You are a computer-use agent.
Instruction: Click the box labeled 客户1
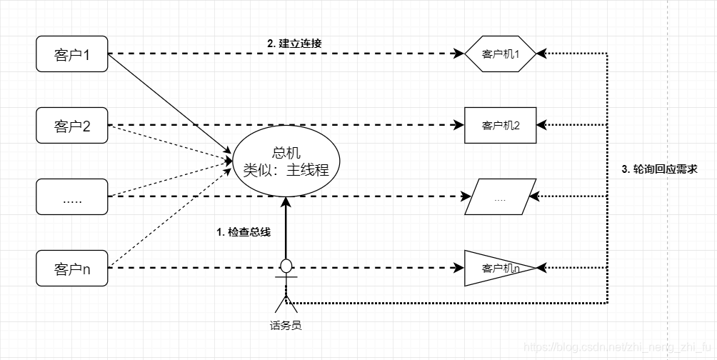pyautogui.click(x=71, y=54)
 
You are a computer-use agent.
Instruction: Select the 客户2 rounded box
pyautogui.click(x=71, y=126)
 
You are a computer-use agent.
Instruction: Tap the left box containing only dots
pyautogui.click(x=71, y=198)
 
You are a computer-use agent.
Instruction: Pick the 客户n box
pyautogui.click(x=71, y=269)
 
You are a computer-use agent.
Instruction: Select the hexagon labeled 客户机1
pyautogui.click(x=500, y=54)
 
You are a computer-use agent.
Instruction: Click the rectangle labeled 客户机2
pyautogui.click(x=500, y=126)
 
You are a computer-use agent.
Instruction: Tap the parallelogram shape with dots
pyautogui.click(x=500, y=197)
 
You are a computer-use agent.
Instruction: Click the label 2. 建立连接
pyautogui.click(x=294, y=44)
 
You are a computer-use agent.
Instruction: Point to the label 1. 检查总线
pyautogui.click(x=244, y=231)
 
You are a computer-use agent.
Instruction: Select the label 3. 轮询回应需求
pyautogui.click(x=659, y=169)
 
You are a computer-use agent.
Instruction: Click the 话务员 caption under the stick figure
pyautogui.click(x=286, y=326)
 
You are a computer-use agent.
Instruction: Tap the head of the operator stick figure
pyautogui.click(x=286, y=266)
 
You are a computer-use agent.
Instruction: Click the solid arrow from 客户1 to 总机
pyautogui.click(x=171, y=104)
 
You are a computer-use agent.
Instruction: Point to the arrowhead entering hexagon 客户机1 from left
pyautogui.click(x=459, y=54)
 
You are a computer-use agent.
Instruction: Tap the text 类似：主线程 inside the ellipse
pyautogui.click(x=286, y=170)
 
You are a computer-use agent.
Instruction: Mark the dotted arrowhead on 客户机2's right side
pyautogui.click(x=542, y=126)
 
